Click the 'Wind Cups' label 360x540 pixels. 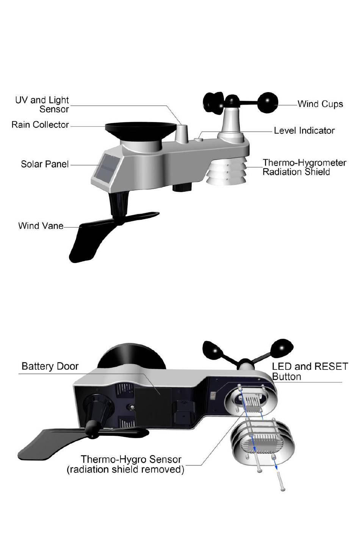[320, 104]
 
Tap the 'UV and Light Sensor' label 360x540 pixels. [42, 105]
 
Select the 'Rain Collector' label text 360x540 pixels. [40, 125]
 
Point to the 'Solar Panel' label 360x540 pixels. [45, 164]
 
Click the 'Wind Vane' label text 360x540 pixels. [41, 226]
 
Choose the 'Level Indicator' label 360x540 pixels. [304, 131]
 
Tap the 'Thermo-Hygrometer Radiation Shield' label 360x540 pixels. [304, 167]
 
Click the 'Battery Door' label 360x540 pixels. [50, 366]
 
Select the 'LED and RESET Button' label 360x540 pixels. [310, 371]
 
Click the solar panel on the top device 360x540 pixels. [105, 169]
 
